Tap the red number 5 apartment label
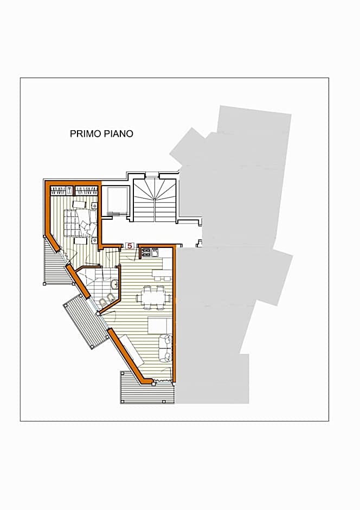(130, 246)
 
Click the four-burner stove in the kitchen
(146, 252)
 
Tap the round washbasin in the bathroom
(114, 284)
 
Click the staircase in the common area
(155, 199)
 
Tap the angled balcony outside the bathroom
(84, 323)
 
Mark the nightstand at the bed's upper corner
(94, 206)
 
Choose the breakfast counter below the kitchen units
(162, 272)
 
